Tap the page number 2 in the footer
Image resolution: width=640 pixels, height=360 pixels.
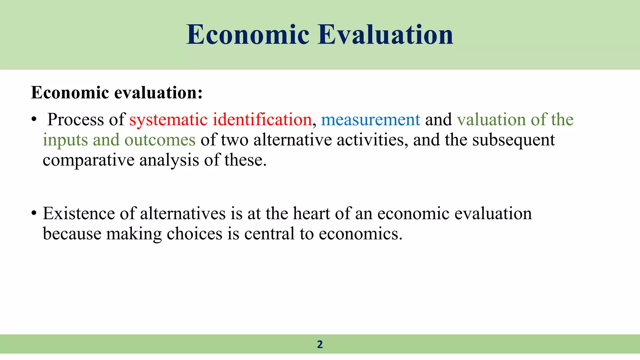320,344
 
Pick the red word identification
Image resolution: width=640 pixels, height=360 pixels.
262,120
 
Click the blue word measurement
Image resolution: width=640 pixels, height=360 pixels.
371,120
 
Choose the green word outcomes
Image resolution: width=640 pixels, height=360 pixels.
160,140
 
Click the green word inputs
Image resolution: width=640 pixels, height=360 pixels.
65,140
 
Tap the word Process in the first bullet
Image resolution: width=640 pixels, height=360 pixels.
75,120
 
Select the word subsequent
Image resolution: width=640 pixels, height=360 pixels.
513,140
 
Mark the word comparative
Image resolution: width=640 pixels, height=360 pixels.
88,160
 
